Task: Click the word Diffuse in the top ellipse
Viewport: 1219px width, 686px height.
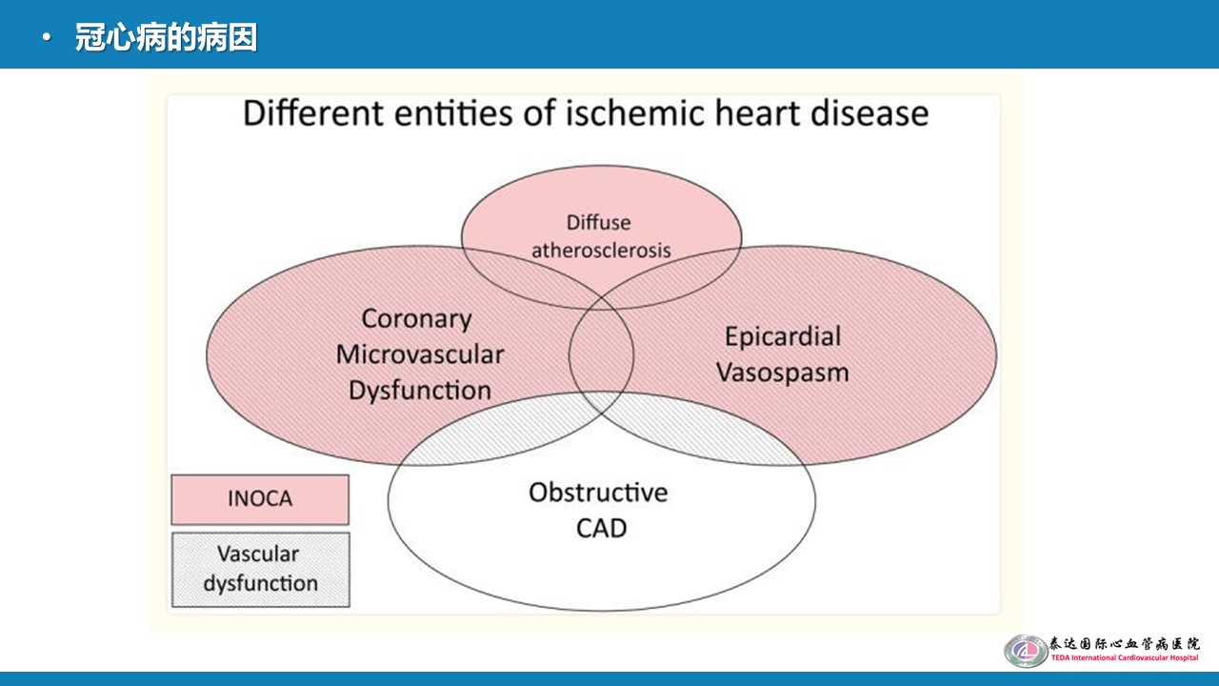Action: [x=598, y=222]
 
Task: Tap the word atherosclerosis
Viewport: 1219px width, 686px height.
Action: [x=601, y=251]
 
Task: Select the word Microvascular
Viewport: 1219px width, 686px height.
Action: [x=420, y=354]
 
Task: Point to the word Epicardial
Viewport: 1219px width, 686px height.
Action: [x=783, y=336]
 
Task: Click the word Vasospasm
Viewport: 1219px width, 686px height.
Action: [x=782, y=372]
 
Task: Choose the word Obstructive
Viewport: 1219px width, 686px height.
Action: [x=598, y=493]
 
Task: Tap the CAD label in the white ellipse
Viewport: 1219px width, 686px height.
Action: [x=601, y=527]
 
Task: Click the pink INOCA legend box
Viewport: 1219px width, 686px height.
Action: [x=260, y=499]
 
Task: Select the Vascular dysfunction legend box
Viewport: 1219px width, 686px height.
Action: [x=260, y=569]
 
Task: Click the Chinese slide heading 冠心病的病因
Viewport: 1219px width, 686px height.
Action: [x=166, y=39]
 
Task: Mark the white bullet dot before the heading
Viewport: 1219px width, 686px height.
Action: [x=47, y=39]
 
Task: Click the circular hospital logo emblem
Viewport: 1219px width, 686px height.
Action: [x=1025, y=651]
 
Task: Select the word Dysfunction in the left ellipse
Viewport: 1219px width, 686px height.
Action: [x=420, y=390]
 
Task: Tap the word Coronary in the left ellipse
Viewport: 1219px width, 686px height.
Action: [x=416, y=319]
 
